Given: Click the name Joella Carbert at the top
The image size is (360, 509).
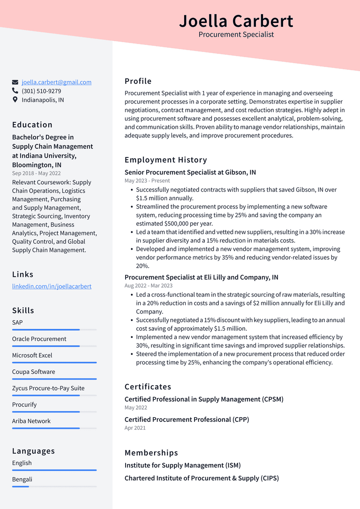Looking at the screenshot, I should pyautogui.click(x=236, y=21).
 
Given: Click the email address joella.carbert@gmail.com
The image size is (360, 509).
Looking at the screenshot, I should pyautogui.click(x=56, y=82).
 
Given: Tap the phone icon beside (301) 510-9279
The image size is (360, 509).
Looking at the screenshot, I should pyautogui.click(x=15, y=91).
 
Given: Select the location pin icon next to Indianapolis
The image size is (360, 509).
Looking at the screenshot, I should pyautogui.click(x=15, y=100).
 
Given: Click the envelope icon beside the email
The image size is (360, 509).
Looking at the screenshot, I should pyautogui.click(x=15, y=82).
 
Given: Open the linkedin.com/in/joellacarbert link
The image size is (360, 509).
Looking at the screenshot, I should pyautogui.click(x=52, y=286).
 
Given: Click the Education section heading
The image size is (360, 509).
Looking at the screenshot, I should pyautogui.click(x=32, y=125).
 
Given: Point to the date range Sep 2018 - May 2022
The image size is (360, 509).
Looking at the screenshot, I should pyautogui.click(x=36, y=173).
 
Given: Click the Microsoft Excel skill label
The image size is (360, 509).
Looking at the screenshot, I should pyautogui.click(x=32, y=355).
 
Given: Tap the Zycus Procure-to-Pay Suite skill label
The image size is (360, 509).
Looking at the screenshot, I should pyautogui.click(x=48, y=388).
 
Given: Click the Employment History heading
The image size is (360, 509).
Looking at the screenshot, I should pyautogui.click(x=165, y=160).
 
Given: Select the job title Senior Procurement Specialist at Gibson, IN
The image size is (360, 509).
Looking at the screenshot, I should pyautogui.click(x=190, y=172).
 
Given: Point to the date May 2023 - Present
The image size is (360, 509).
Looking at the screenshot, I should pyautogui.click(x=147, y=180).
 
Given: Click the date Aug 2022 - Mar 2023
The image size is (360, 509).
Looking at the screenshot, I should pyautogui.click(x=148, y=285).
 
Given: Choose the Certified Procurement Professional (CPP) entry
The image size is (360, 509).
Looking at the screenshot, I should pyautogui.click(x=187, y=419).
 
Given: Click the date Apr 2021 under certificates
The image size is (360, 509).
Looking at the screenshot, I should pyautogui.click(x=135, y=428).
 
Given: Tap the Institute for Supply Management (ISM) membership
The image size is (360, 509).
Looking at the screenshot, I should pyautogui.click(x=182, y=465).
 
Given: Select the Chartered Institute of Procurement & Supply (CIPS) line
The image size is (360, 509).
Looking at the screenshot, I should pyautogui.click(x=202, y=478).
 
